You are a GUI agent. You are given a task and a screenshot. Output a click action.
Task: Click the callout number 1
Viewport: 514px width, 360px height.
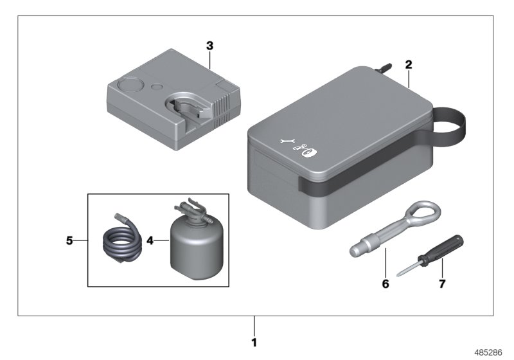coord(254,342)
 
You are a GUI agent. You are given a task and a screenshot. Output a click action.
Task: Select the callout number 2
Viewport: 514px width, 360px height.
coord(409,64)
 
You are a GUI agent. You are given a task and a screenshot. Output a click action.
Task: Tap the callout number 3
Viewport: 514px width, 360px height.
coord(209,46)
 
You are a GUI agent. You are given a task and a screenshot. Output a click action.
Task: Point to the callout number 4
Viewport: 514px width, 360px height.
coord(150,242)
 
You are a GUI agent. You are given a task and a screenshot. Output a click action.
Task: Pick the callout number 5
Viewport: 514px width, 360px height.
coord(69,242)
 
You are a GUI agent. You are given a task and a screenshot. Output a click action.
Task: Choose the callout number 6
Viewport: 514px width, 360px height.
coord(385,282)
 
